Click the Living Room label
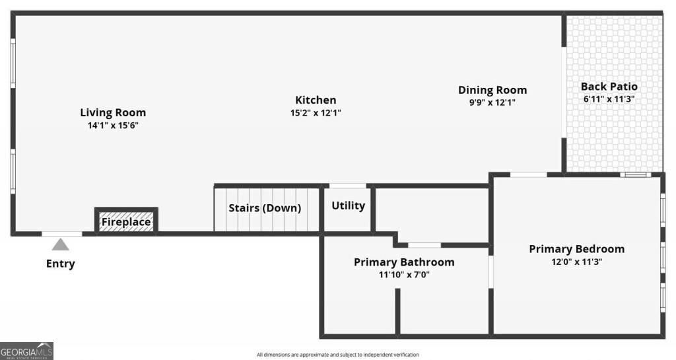coord(113,112)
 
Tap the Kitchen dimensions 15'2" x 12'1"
coord(316,113)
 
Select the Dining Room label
coord(492,90)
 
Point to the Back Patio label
coord(609,87)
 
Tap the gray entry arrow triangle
coord(61,245)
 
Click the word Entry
coord(60,264)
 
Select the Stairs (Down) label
coord(265,208)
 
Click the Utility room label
coord(348,205)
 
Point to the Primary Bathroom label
coord(404,262)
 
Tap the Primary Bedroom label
coord(576,249)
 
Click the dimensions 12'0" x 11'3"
coord(576,262)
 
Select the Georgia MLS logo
coord(26,351)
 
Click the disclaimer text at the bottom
coord(337,355)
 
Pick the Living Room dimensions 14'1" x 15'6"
coord(113,125)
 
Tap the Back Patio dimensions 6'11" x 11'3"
coord(609,99)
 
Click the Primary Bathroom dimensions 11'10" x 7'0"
coord(404,275)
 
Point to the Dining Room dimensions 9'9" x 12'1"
coord(492,102)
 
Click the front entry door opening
coord(62,233)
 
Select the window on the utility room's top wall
coord(348,186)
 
